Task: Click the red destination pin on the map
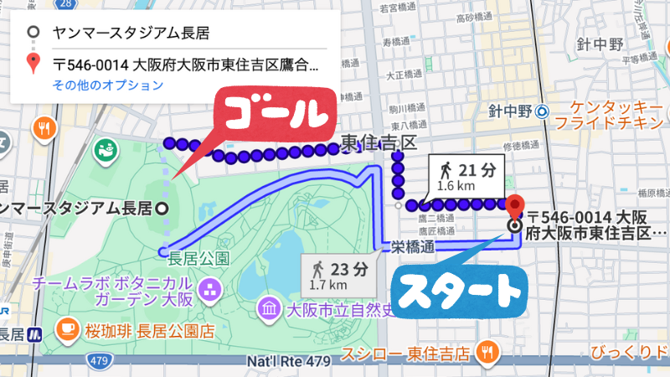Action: tap(515, 206)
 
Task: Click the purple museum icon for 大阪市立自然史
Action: tap(270, 308)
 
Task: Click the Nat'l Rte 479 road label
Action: tap(286, 362)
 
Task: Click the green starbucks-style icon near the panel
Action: tap(106, 152)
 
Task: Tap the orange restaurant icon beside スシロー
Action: tap(485, 351)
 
